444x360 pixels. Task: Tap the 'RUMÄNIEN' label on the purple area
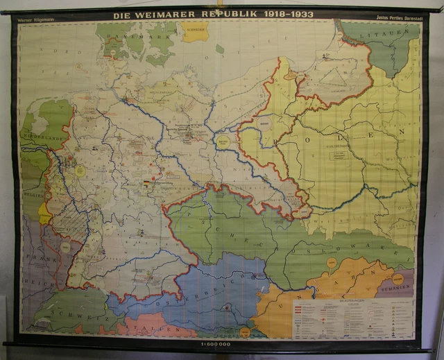pyautogui.click(x=398, y=283)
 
